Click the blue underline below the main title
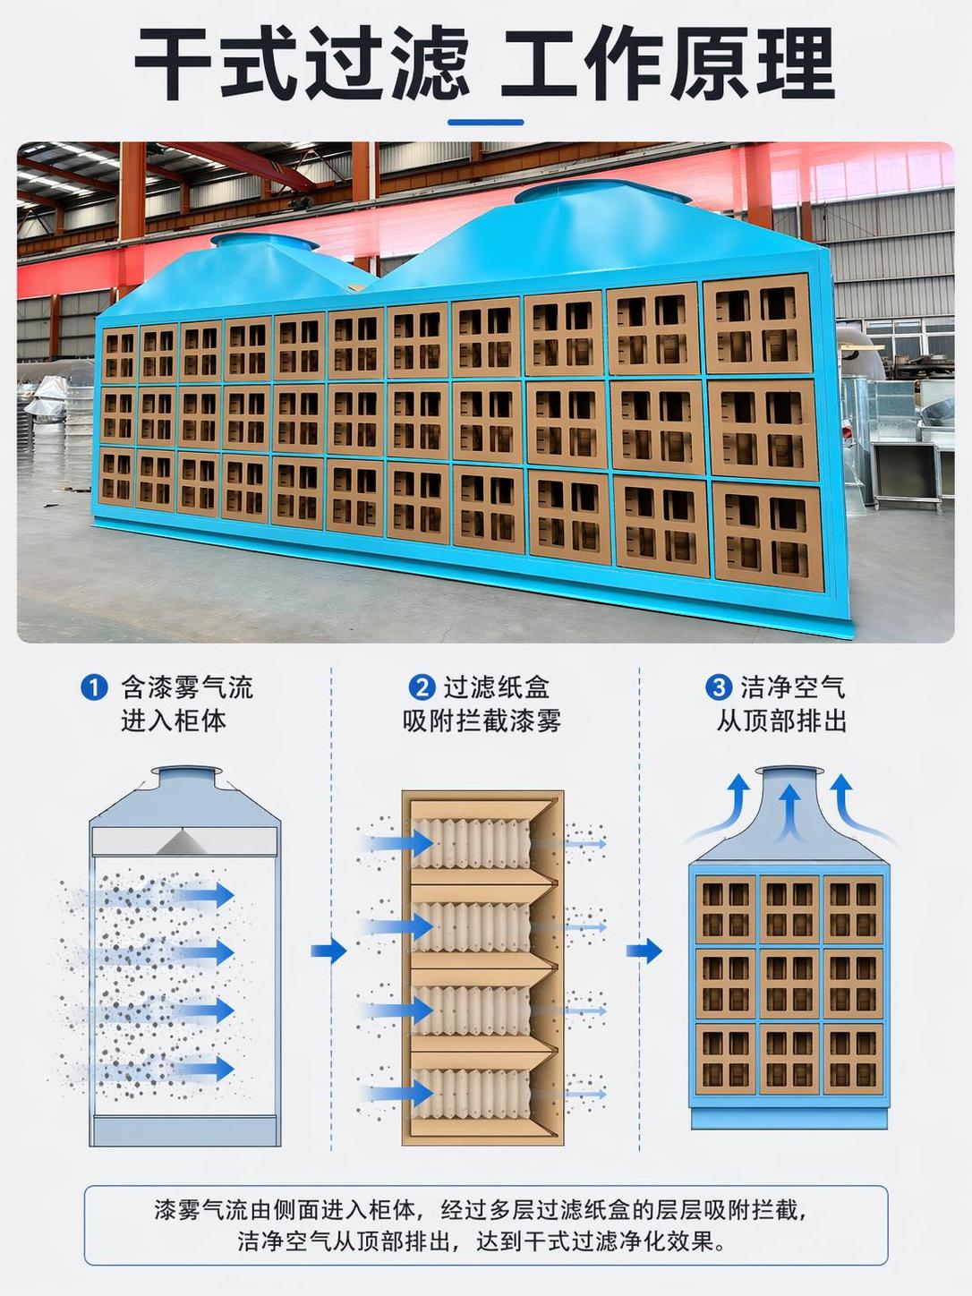coord(486,123)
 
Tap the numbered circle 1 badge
coord(94,688)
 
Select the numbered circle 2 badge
coord(422,688)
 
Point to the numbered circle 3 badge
coord(719,688)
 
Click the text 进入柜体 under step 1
coord(174,720)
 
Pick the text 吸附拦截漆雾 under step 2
coord(482,720)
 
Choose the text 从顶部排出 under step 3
coord(782,720)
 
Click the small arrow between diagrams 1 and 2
coord(328,951)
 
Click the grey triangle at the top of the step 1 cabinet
coord(183,842)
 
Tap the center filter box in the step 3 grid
coord(789,985)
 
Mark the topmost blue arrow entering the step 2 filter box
coord(401,842)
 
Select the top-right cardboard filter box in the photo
coord(758,325)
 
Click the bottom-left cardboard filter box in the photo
coord(117,477)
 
